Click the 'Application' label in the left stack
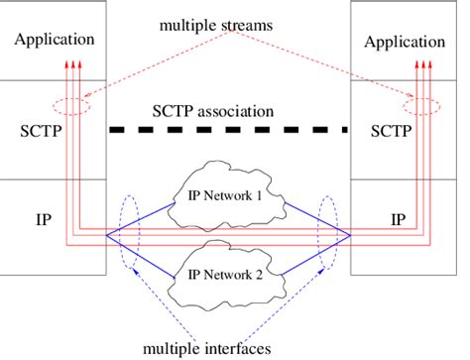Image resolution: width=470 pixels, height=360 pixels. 55,41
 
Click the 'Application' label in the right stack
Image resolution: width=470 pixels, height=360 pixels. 404,42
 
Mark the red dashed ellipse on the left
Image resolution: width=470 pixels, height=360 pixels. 71,106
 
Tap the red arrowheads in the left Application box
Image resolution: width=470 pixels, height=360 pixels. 70,64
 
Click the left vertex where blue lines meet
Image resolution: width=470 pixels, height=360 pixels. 106,237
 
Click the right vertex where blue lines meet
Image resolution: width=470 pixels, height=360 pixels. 350,237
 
